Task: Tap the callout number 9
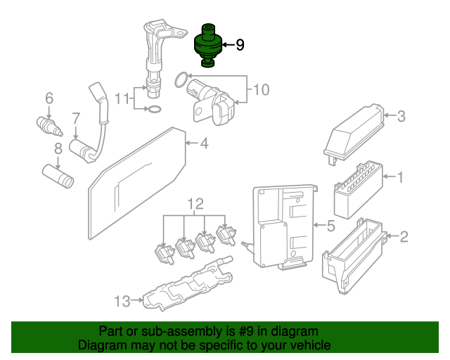point(240,45)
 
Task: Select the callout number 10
point(261,89)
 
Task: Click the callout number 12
point(195,205)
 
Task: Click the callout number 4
point(203,144)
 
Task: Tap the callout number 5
point(330,226)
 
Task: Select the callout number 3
point(401,117)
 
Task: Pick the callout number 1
point(401,177)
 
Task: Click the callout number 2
point(404,236)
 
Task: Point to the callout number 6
point(49,98)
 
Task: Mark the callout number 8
point(58,148)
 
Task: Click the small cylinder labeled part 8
point(58,176)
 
